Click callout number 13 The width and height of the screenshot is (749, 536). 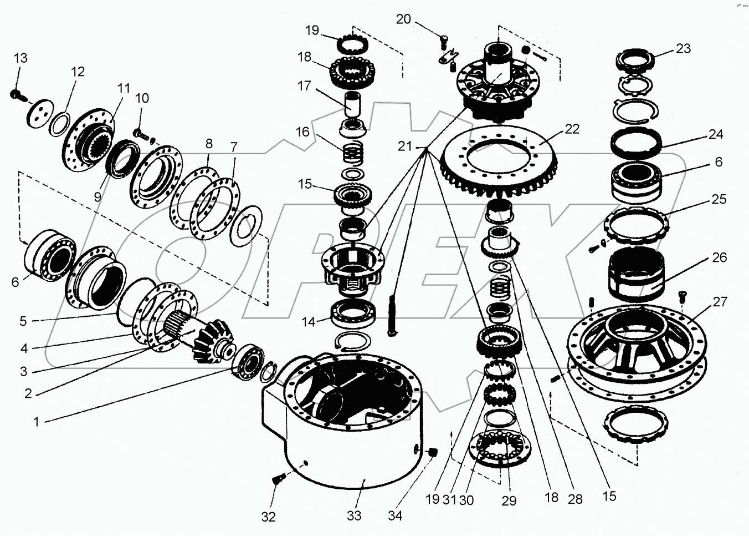(x=20, y=58)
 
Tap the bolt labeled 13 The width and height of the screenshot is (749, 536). (x=17, y=95)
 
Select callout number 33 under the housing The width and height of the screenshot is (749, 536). (x=354, y=515)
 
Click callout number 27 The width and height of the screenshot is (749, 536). (x=720, y=302)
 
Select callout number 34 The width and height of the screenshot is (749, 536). (x=394, y=515)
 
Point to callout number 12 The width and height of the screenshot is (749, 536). (x=78, y=71)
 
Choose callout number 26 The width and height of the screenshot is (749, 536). (x=720, y=257)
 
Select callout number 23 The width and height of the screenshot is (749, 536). (x=684, y=48)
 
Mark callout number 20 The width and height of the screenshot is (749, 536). (x=403, y=19)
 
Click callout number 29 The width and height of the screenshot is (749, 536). (x=509, y=500)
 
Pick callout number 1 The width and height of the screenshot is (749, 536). (x=37, y=422)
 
